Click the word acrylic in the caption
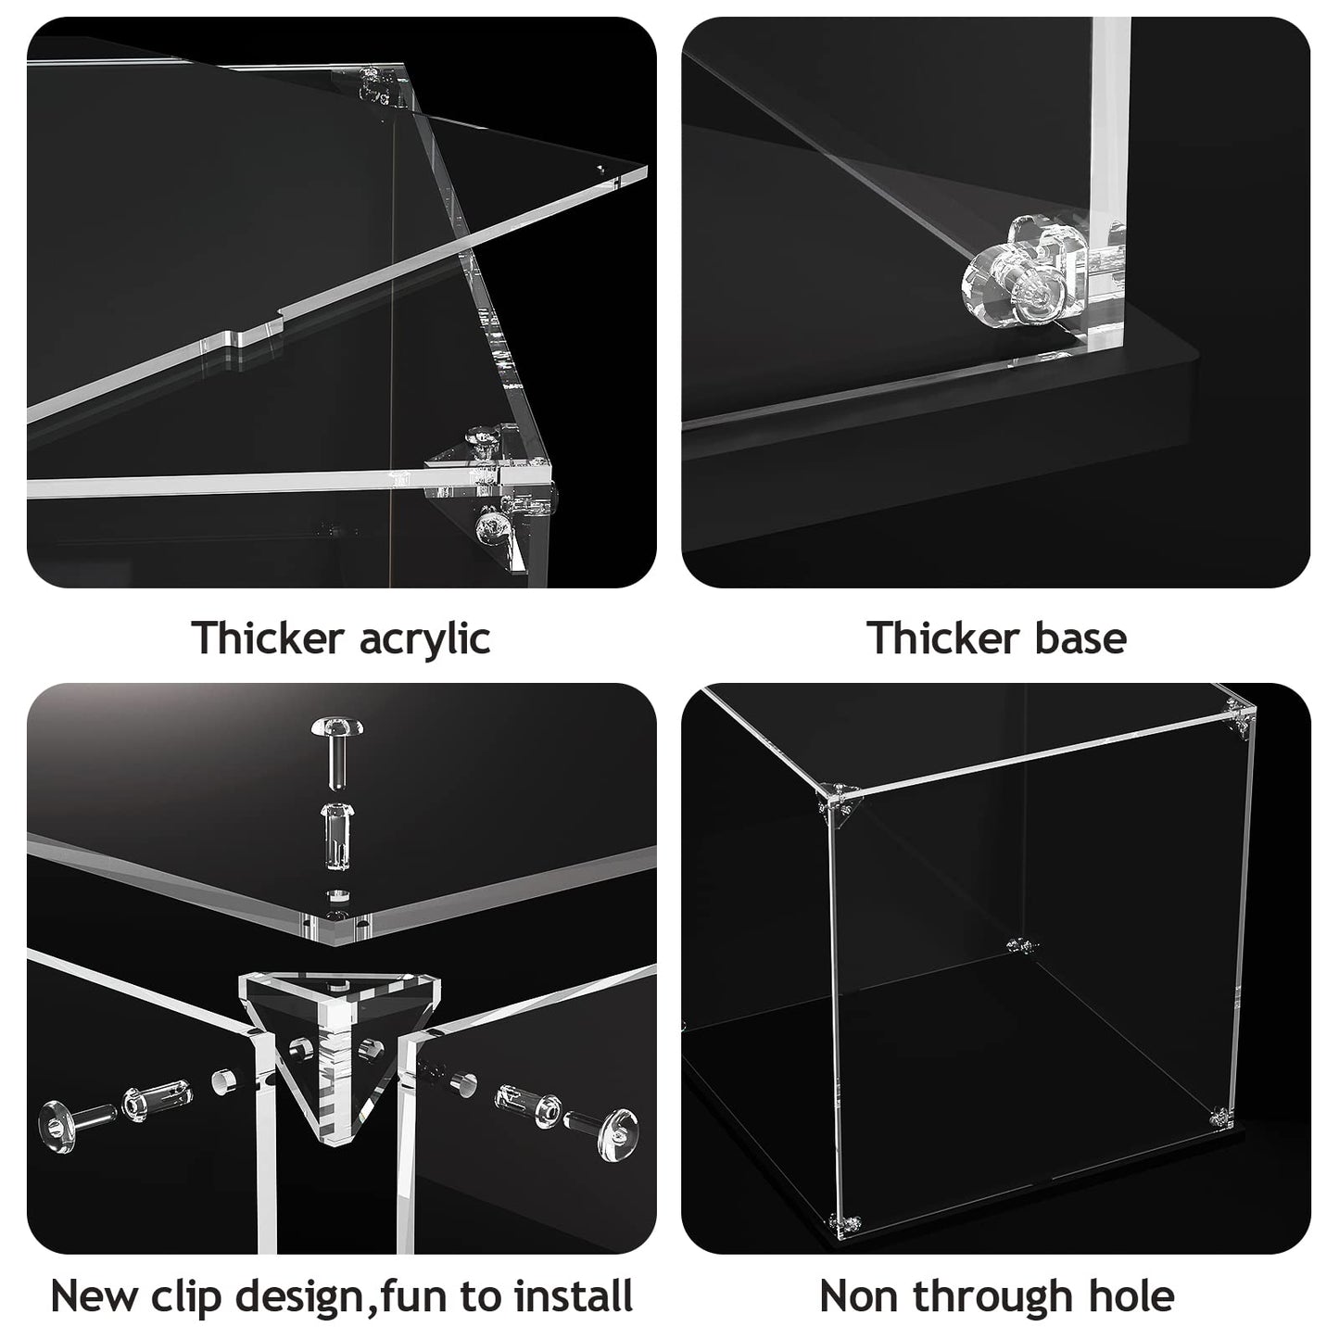(424, 638)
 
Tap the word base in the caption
(1080, 638)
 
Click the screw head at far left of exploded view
(57, 1127)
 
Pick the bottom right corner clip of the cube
(1222, 1137)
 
